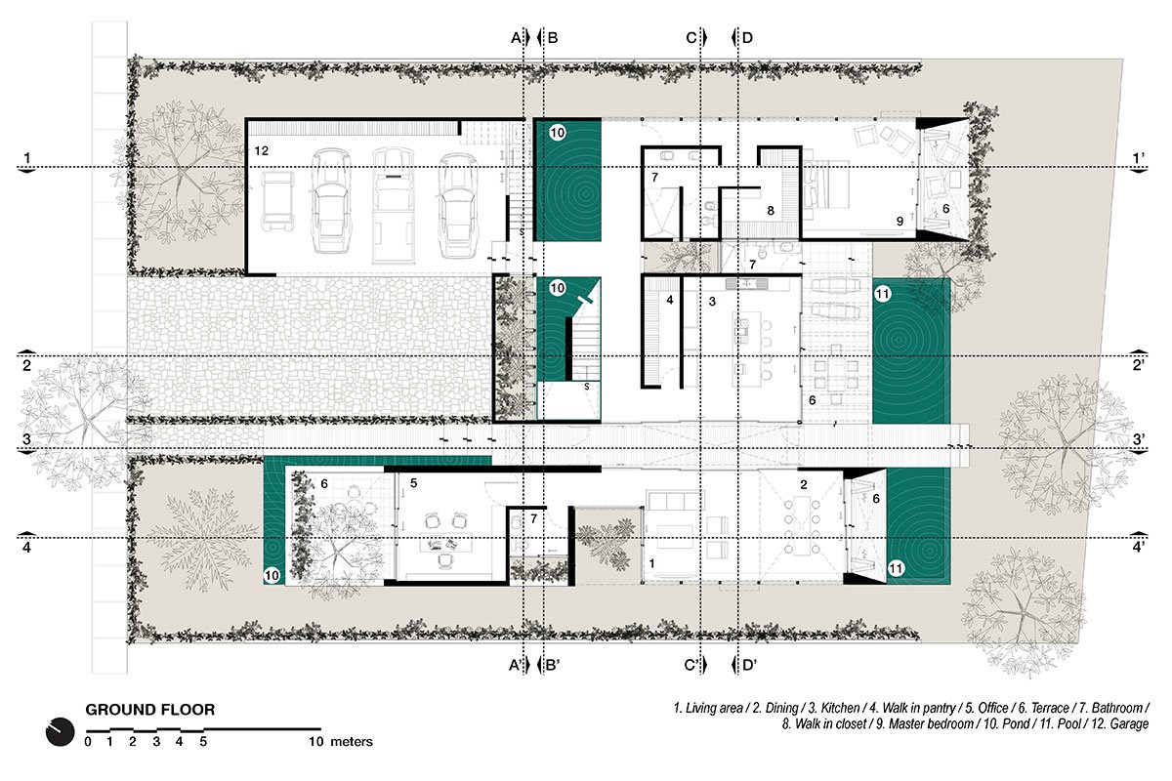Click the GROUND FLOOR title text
[x=150, y=710]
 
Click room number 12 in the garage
[x=261, y=151]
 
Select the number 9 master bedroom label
[x=900, y=222]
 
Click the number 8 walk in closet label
[x=771, y=209]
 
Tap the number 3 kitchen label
[x=713, y=302]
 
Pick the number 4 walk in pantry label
[x=669, y=301]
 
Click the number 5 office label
[x=413, y=483]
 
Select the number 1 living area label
[x=651, y=564]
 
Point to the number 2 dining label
[x=803, y=485]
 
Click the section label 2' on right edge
[x=1138, y=366]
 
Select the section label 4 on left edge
[x=27, y=547]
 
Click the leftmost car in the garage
[x=278, y=200]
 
